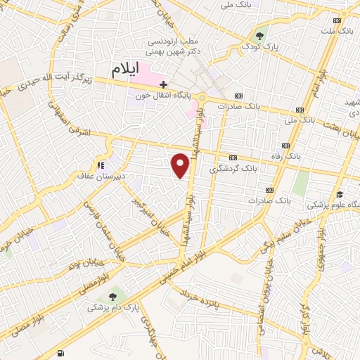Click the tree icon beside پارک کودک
(260, 36)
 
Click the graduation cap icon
(340, 195)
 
